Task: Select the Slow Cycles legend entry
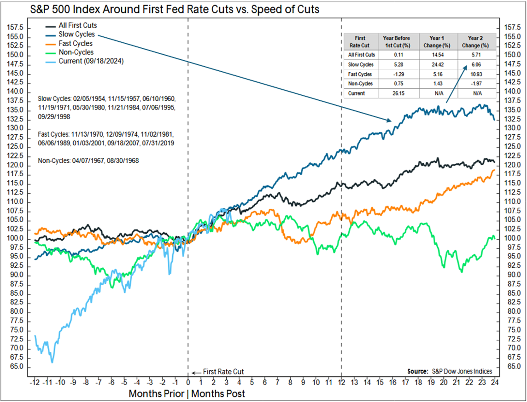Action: pyautogui.click(x=76, y=34)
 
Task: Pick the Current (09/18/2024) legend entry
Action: pyautogui.click(x=91, y=61)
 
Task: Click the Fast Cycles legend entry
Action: pyautogui.click(x=76, y=43)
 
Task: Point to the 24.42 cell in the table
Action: pyautogui.click(x=439, y=64)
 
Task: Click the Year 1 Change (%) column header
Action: pyautogui.click(x=439, y=42)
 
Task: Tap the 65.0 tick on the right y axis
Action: pyautogui.click(x=513, y=367)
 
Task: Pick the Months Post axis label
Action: pyautogui.click(x=218, y=394)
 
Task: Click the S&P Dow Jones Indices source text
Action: pyautogui.click(x=462, y=371)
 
